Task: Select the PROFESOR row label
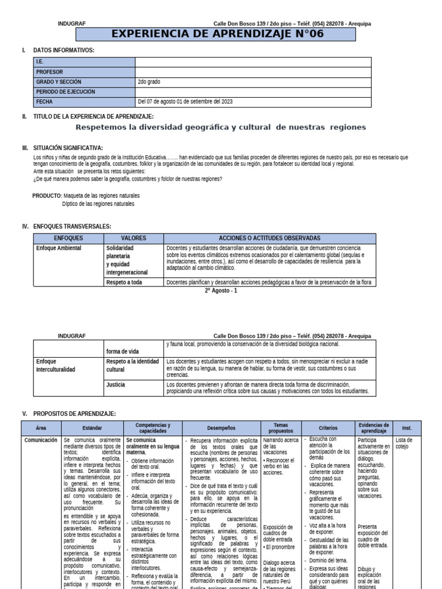[x=49, y=72]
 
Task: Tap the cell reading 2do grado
[x=149, y=82]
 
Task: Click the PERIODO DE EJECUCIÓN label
[x=66, y=91]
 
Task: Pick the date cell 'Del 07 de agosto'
[x=185, y=102]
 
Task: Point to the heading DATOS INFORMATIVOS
[x=63, y=51]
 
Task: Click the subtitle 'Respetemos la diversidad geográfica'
[x=220, y=127]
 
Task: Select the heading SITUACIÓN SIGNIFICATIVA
[x=68, y=148]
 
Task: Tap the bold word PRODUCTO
[x=47, y=196]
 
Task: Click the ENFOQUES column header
[x=68, y=238]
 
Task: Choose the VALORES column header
[x=134, y=238]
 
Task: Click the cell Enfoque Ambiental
[x=59, y=248]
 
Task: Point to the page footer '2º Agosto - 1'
[x=220, y=290]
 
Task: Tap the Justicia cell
[x=116, y=384]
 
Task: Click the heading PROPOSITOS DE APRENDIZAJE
[x=74, y=414]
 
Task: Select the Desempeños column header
[x=222, y=428]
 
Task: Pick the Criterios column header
[x=327, y=428]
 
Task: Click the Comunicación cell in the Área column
[x=41, y=440]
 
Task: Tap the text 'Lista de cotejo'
[x=404, y=443]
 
